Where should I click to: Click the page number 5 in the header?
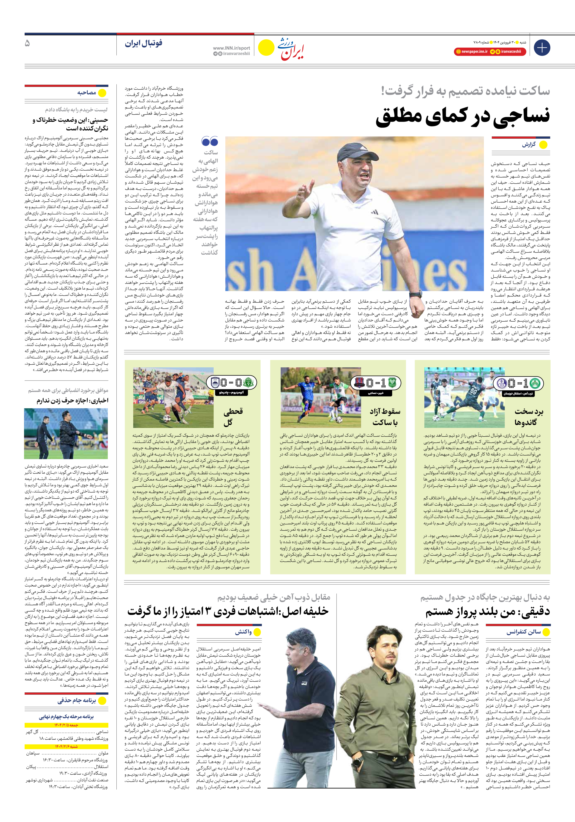pos(27,43)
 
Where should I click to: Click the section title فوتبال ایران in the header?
pos(144,43)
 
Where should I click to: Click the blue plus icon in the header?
pos(542,48)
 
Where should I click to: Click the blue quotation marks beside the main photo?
pos(210,141)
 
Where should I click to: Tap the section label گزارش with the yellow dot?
pos(529,145)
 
